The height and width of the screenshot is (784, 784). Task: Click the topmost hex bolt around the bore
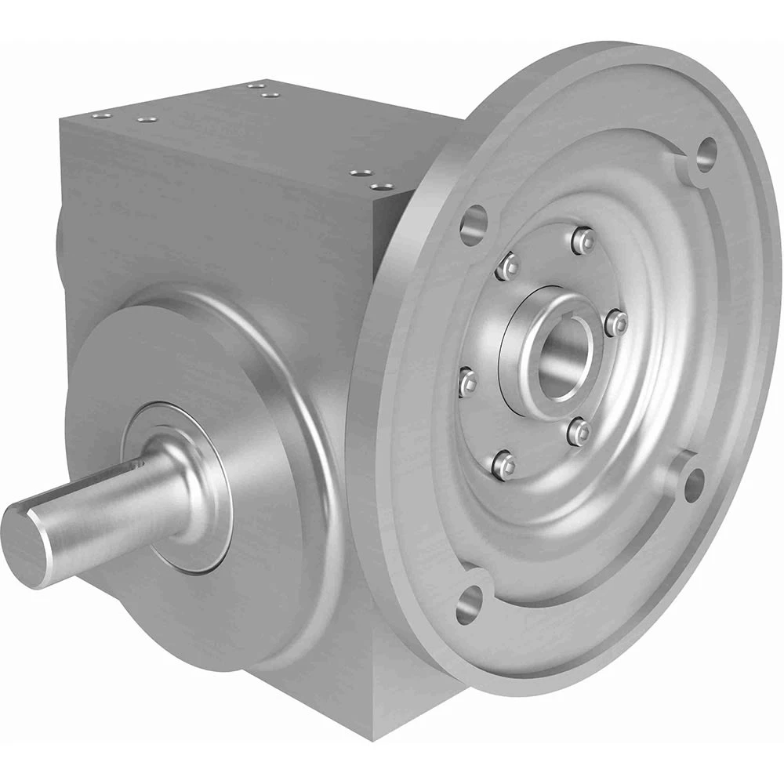(x=582, y=238)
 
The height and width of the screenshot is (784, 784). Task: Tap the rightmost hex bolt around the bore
(x=619, y=322)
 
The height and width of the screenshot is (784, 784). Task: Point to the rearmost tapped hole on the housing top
(x=253, y=85)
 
